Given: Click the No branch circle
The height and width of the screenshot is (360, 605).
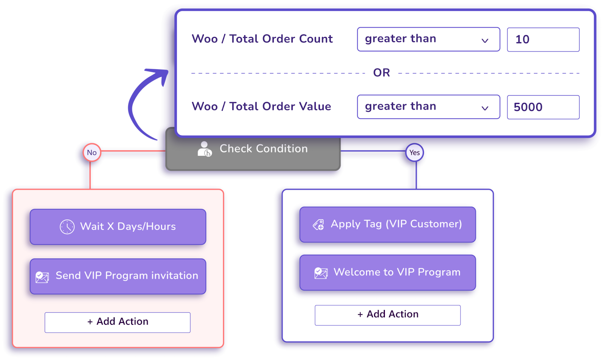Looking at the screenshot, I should point(92,152).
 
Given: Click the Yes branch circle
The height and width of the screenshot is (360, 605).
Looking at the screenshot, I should point(414,152).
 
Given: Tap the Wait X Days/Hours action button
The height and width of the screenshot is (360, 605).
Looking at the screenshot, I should point(118,227).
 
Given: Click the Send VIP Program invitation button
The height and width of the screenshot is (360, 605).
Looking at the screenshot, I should point(118,276).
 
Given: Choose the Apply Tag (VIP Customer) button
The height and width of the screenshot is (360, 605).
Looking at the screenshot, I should point(388,224).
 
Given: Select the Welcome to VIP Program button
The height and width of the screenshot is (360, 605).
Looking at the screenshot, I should point(388,273).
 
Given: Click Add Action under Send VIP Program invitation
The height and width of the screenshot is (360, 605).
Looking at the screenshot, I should point(118,322).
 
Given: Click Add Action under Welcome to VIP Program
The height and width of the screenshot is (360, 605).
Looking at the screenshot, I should point(388,315).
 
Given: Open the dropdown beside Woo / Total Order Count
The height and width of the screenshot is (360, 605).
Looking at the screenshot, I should point(428,39).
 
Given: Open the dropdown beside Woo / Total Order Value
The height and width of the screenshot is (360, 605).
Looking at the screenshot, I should point(428,107).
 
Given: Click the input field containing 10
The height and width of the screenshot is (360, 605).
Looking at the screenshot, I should point(543,39).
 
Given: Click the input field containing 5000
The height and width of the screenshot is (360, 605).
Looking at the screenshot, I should point(543,107).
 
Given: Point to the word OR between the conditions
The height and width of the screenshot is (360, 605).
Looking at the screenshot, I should point(382,73).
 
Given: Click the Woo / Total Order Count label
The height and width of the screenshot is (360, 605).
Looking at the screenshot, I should point(262,39).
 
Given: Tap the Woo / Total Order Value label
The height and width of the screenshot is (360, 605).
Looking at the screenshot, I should point(261,106).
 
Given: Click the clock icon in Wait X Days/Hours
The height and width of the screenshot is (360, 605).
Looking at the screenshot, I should point(67,227).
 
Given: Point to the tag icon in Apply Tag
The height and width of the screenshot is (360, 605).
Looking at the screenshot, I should point(318,225).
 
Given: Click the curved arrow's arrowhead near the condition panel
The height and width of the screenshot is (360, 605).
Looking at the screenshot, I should point(163,73).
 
